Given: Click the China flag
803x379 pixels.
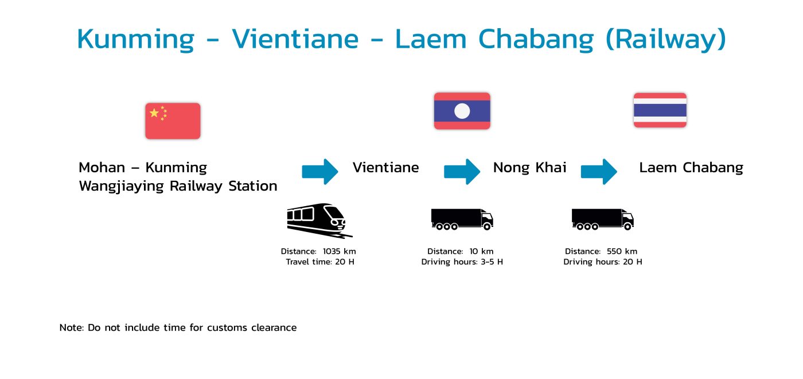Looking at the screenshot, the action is pos(173,121).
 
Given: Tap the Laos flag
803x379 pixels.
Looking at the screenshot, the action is pos(462,111).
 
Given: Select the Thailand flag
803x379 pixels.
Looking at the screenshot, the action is pos(660,110).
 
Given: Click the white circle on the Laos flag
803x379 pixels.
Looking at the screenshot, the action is pos(462,111).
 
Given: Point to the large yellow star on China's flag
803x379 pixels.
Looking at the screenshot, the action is pos(154,113).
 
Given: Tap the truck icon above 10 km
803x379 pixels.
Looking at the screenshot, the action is pos(462,219).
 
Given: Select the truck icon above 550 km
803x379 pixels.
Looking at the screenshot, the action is pos(603,219).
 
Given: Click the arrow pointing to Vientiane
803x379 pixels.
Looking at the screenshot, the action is pos(320,172).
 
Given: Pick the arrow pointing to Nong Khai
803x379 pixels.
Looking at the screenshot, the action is pos(462,172).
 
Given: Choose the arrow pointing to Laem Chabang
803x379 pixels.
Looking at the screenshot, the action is pos(599,172).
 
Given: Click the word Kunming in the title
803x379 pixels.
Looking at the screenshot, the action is pos(135,40).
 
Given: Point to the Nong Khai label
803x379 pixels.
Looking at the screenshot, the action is pos(529,168).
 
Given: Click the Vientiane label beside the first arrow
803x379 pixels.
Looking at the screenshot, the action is pos(385,168).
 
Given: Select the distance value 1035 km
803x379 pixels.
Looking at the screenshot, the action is pos(339,252).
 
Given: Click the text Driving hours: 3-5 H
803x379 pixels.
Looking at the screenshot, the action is pos(462,262).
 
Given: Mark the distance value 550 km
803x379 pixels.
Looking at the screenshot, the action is pos(622,252).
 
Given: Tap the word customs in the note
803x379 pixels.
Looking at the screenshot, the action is pos(227,328).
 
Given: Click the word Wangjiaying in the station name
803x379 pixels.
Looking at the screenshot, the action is pos(122,187).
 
